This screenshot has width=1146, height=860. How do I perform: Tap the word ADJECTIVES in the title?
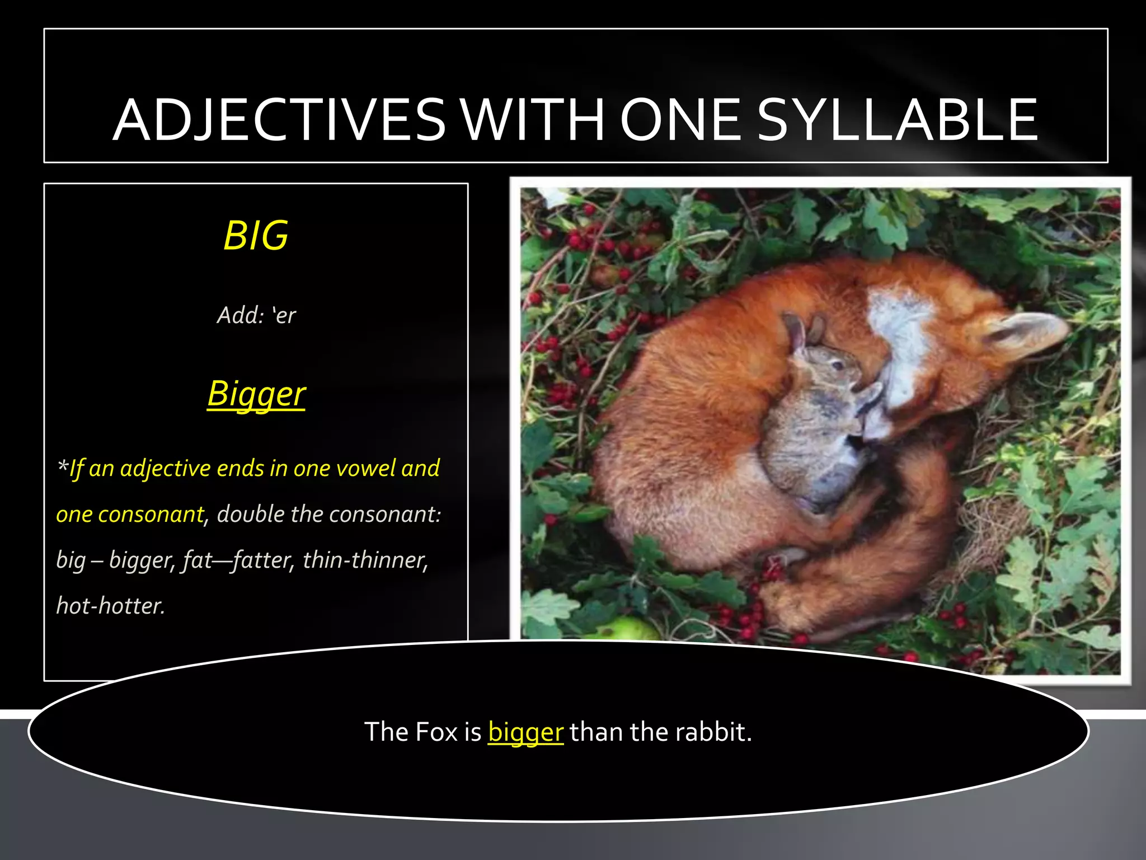280,120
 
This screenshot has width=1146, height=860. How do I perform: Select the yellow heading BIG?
256,236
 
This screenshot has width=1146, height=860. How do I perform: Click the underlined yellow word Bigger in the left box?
256,394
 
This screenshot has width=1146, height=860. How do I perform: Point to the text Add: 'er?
256,315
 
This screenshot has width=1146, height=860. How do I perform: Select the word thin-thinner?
365,560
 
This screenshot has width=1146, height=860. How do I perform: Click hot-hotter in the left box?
111,606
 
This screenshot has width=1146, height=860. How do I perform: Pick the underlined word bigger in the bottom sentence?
525,732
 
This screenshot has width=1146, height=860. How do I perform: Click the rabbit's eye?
838,366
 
